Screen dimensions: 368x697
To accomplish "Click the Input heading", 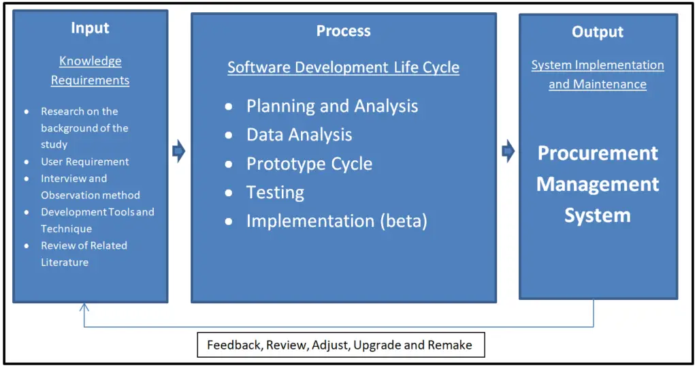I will [90, 28].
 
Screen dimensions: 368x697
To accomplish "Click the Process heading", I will [343, 31].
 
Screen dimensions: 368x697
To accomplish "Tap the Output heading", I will [597, 32].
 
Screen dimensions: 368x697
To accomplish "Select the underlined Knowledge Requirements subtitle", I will [90, 70].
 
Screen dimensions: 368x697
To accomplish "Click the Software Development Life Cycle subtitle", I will [343, 67].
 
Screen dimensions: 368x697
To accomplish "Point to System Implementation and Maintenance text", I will [597, 74].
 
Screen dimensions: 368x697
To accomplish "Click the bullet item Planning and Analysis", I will [332, 106].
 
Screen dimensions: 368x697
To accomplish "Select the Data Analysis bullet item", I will [299, 134].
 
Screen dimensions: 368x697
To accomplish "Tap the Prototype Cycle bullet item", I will [309, 164].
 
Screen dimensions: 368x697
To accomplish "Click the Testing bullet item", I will [275, 192].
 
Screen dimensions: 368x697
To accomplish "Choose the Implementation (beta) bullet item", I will [336, 221].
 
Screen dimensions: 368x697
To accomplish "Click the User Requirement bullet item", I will [84, 162].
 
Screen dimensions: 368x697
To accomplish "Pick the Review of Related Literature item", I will [84, 254].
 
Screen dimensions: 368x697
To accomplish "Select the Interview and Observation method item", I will [90, 187].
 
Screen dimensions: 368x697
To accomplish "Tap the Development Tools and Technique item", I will [97, 220].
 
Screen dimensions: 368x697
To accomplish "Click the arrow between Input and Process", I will [179, 151].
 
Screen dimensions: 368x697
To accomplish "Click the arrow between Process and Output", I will [508, 151].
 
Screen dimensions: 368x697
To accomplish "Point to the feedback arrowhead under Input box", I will [84, 307].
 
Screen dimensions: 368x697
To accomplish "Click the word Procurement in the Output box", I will [598, 153].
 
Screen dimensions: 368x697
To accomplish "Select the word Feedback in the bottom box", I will [233, 345].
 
